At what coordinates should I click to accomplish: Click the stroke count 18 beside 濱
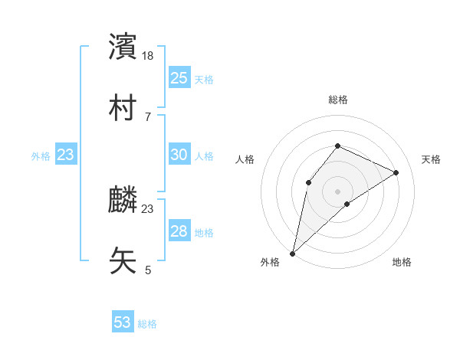(148, 56)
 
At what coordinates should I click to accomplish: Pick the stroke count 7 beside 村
(147, 116)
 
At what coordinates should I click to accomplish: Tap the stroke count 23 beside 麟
(148, 208)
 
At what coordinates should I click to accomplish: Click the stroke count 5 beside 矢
(148, 270)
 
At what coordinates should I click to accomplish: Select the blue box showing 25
(179, 78)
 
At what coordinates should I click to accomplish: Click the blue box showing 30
(179, 155)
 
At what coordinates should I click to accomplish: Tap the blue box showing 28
(179, 231)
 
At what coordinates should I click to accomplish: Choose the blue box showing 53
(123, 322)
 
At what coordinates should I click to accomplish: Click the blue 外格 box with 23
(66, 155)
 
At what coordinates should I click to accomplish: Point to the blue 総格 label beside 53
(147, 324)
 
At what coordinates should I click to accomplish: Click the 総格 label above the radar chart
(338, 100)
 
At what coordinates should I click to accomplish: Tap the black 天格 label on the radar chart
(432, 159)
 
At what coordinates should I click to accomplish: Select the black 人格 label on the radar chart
(245, 159)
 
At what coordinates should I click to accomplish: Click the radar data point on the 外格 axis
(292, 254)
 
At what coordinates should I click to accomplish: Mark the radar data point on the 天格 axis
(396, 173)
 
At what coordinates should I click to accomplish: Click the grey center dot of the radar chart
(338, 191)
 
